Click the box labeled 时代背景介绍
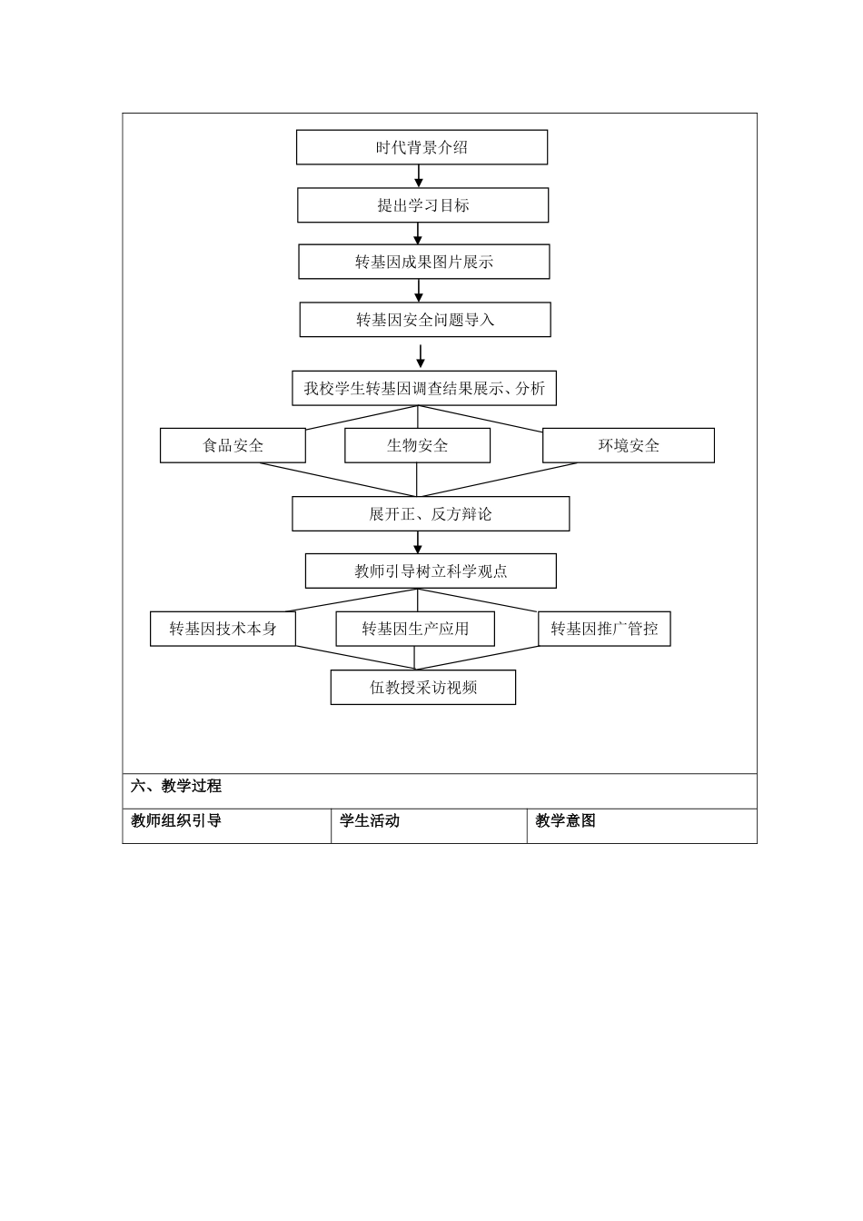pos(422,147)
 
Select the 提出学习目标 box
pos(422,205)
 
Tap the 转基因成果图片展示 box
pos(423,262)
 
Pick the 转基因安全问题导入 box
pos(425,320)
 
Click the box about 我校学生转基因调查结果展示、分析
pos(423,388)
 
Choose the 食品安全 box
pos(233,445)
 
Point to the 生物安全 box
pos(417,445)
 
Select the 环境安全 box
pos(628,445)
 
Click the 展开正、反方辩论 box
pos(431,513)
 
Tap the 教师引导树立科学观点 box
pos(431,571)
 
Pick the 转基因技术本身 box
pos(223,629)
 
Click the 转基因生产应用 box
pos(415,629)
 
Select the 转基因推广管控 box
pos(604,629)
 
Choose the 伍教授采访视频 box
pos(423,688)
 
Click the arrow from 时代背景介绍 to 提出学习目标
pos(419,176)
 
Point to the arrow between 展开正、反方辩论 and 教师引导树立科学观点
pos(418,542)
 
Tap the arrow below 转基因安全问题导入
pos(420,355)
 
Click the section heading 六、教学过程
pos(176,787)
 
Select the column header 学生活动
pos(370,821)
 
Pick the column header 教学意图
pos(565,821)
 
